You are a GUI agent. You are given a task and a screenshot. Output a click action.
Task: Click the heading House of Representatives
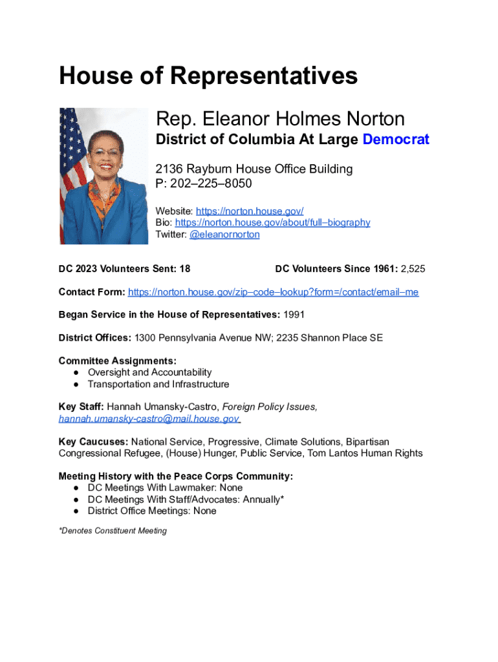pos(208,76)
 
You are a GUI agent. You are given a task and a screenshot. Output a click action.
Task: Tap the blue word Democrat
pos(396,140)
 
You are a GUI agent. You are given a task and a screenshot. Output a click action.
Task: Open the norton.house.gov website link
pos(250,211)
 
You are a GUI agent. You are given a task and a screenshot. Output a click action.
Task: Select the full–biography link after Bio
pos(272,222)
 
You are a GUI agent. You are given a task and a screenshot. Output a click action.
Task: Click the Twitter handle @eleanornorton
pos(224,235)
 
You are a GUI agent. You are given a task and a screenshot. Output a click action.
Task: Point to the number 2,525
pos(413,269)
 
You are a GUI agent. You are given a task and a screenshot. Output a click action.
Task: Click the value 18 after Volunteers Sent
pos(184,269)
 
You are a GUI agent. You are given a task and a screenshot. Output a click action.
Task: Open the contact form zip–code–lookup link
pos(273,292)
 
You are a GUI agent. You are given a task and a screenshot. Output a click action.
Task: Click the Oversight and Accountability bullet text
pos(149,372)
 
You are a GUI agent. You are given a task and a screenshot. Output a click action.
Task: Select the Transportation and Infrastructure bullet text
pos(158,384)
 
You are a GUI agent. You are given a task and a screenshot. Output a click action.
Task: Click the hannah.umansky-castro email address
pos(149,419)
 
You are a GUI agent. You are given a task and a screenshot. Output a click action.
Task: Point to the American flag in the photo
pos(72,149)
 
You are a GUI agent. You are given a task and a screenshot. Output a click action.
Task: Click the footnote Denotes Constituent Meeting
pos(113,531)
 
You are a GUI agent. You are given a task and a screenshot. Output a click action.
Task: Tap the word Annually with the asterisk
pos(263,499)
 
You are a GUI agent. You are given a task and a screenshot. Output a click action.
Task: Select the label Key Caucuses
pos(93,442)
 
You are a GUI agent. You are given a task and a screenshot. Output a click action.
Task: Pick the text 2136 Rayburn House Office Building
pos(254,169)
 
